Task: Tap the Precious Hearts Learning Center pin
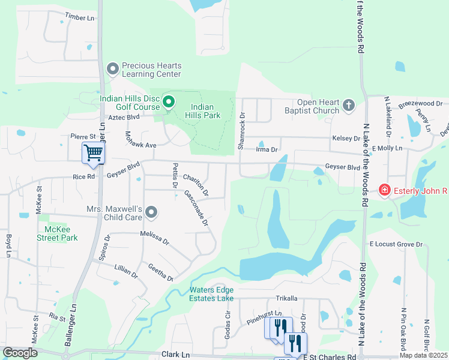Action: [x=112, y=70]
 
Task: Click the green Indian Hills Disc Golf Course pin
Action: [x=169, y=103]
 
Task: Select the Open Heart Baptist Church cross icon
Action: [x=349, y=106]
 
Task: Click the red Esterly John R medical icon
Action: [x=384, y=191]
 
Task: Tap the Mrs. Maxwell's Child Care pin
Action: [x=151, y=212]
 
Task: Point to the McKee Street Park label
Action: [x=57, y=233]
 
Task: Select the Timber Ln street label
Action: [x=80, y=18]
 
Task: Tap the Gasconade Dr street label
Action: [x=196, y=208]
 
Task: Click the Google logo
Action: [x=20, y=353]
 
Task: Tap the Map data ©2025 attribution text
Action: [x=423, y=355]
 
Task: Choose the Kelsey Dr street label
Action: [x=346, y=138]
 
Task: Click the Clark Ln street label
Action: [x=175, y=355]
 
